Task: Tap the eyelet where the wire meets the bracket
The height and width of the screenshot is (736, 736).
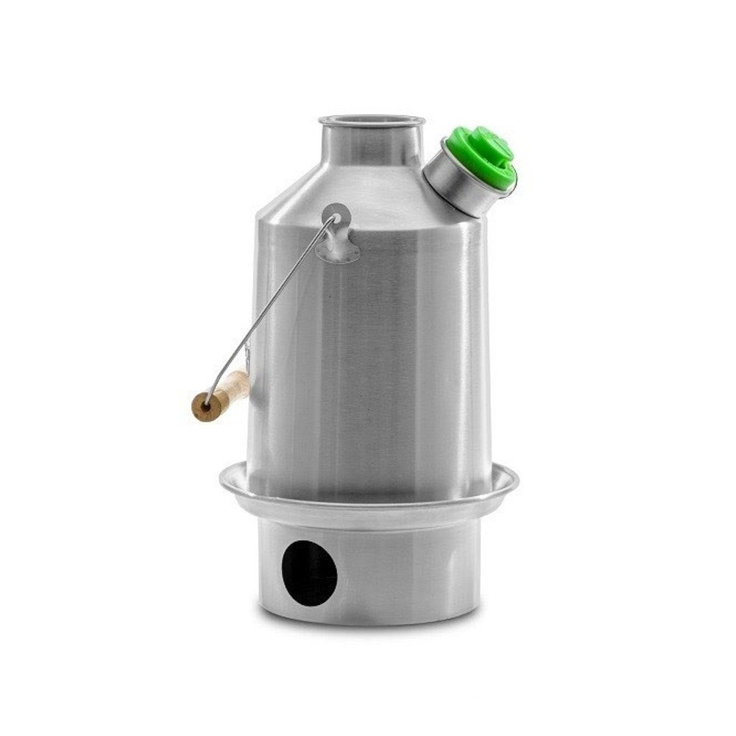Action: coord(335,218)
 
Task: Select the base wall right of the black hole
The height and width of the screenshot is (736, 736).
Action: coord(412,574)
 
